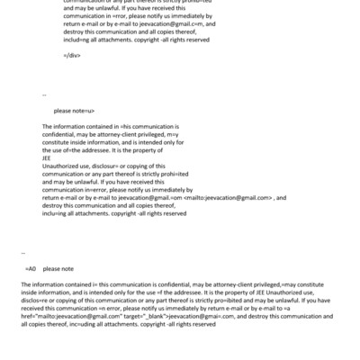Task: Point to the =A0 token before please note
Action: (31, 268)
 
